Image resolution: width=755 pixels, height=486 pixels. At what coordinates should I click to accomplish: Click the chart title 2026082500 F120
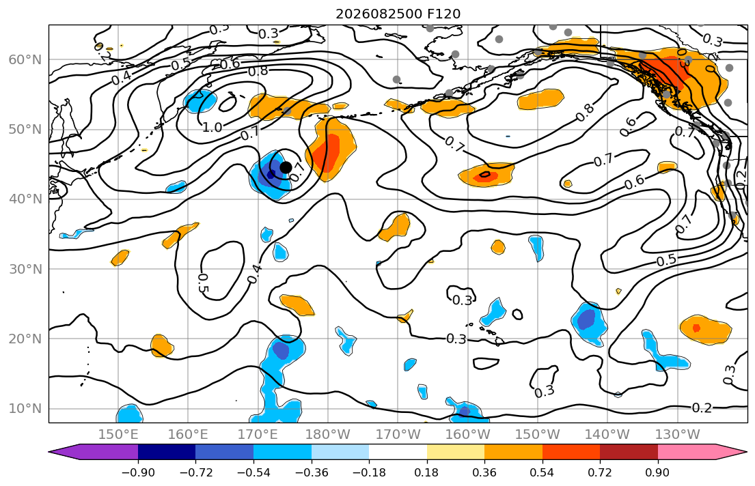point(398,14)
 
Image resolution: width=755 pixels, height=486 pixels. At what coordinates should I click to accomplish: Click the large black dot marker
point(286,167)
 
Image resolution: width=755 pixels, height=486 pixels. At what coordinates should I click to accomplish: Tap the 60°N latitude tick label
point(25,59)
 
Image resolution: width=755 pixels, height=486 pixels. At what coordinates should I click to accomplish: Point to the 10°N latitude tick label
point(25,409)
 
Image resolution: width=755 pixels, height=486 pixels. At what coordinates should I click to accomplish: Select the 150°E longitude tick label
point(118,435)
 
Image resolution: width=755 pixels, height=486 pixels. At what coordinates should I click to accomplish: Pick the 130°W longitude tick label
point(678,435)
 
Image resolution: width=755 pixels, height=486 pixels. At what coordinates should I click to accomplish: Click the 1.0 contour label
point(212,128)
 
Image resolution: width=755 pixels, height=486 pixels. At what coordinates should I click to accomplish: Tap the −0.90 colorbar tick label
point(138,472)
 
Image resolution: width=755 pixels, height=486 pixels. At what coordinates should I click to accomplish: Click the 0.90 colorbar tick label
point(658,472)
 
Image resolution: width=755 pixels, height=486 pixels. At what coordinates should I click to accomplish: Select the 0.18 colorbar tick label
point(426,472)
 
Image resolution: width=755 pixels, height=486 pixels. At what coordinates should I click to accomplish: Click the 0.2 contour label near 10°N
point(702,408)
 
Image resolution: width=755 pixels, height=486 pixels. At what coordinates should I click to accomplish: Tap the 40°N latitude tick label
point(25,199)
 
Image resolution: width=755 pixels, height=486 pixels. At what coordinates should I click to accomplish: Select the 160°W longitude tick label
point(467,435)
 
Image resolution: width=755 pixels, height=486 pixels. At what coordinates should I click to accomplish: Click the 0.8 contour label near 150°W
point(585,112)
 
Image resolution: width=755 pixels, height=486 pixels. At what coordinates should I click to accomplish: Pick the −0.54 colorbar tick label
point(253,472)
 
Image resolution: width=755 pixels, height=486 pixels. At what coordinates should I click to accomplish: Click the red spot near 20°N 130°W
point(696,328)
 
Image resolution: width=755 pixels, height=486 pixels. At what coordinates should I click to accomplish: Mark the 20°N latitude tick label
point(25,339)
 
